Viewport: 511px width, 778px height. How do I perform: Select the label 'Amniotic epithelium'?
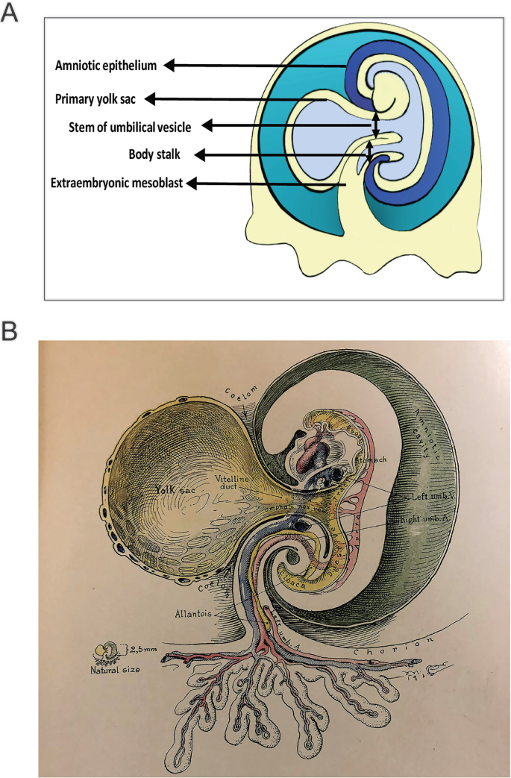[x=106, y=66]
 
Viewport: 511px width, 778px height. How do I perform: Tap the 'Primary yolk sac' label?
[x=95, y=98]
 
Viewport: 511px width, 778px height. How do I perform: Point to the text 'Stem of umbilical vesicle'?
[x=123, y=127]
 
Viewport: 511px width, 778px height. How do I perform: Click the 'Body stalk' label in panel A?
[x=154, y=154]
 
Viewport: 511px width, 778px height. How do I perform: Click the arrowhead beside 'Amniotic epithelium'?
[x=170, y=66]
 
